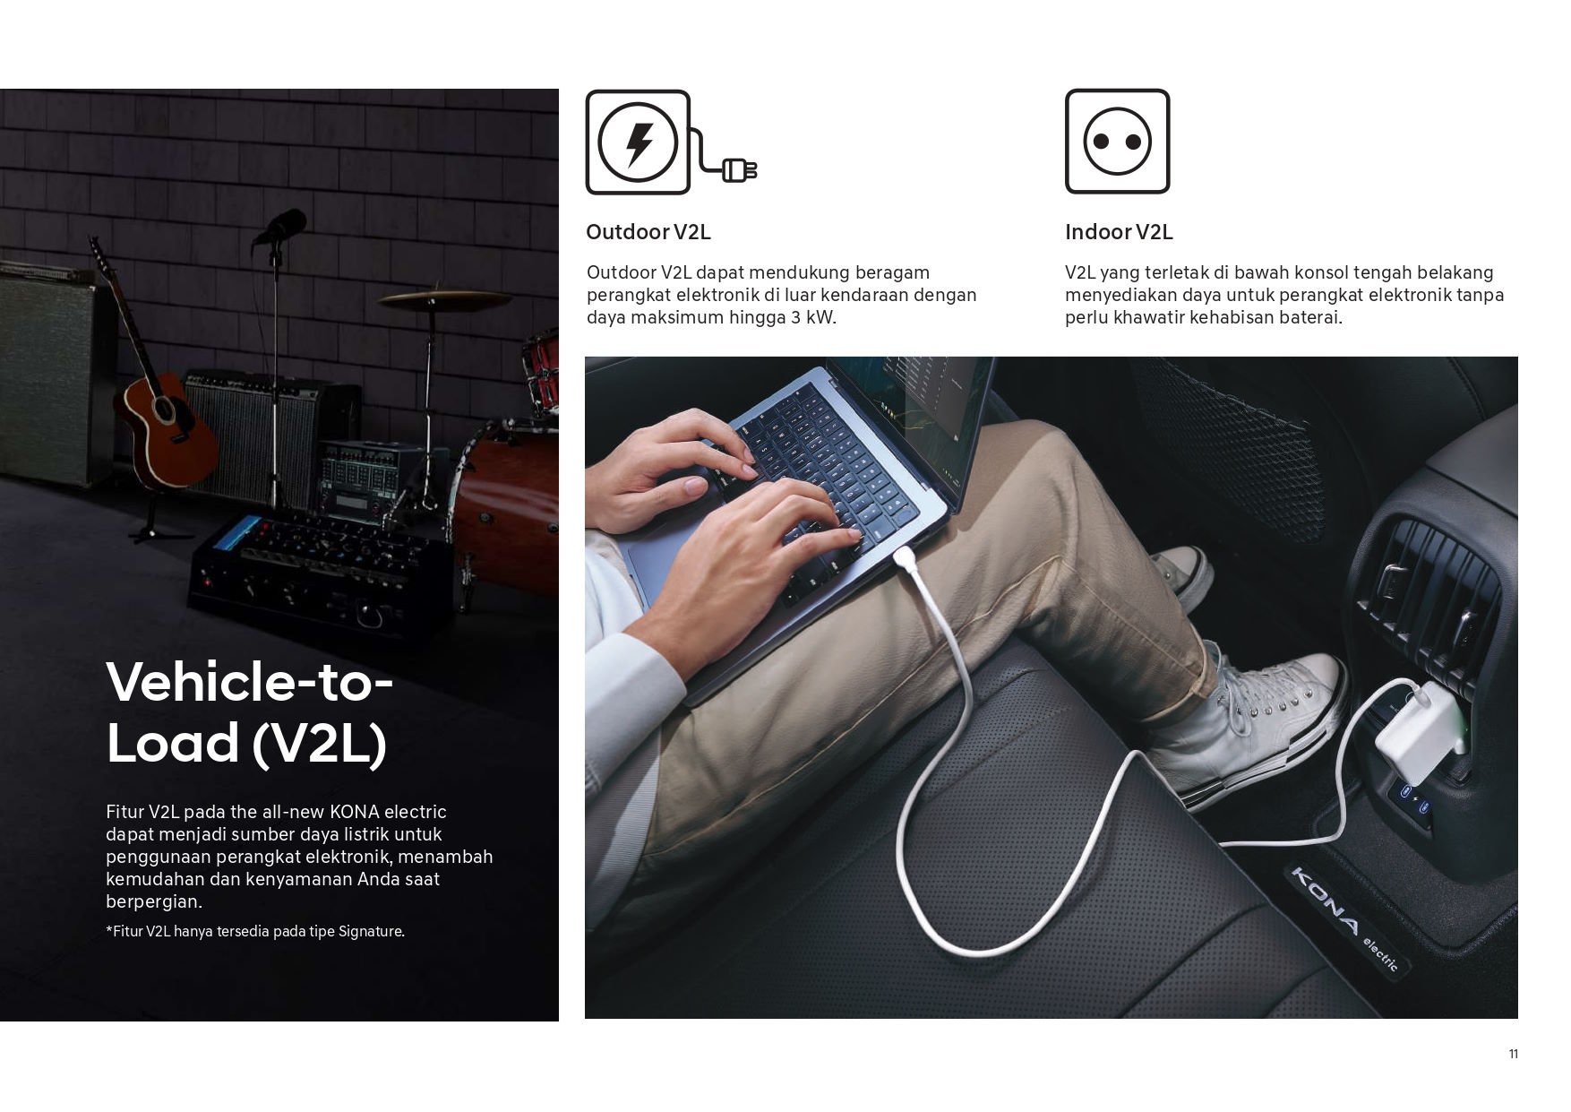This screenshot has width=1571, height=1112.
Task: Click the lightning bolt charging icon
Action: (x=638, y=142)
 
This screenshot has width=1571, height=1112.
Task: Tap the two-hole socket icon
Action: (x=1117, y=141)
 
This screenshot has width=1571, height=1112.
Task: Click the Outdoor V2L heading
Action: (x=648, y=232)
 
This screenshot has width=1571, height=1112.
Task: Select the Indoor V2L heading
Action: (x=1118, y=232)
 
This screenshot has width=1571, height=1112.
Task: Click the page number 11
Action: (x=1513, y=1054)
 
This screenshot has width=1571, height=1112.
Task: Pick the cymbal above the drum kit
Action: (x=432, y=298)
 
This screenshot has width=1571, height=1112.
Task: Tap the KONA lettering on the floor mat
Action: (x=1325, y=901)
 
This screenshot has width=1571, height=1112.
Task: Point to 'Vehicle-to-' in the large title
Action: (x=249, y=681)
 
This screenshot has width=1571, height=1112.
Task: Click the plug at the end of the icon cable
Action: (x=740, y=169)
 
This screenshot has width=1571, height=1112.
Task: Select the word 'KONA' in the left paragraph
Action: (x=355, y=812)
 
